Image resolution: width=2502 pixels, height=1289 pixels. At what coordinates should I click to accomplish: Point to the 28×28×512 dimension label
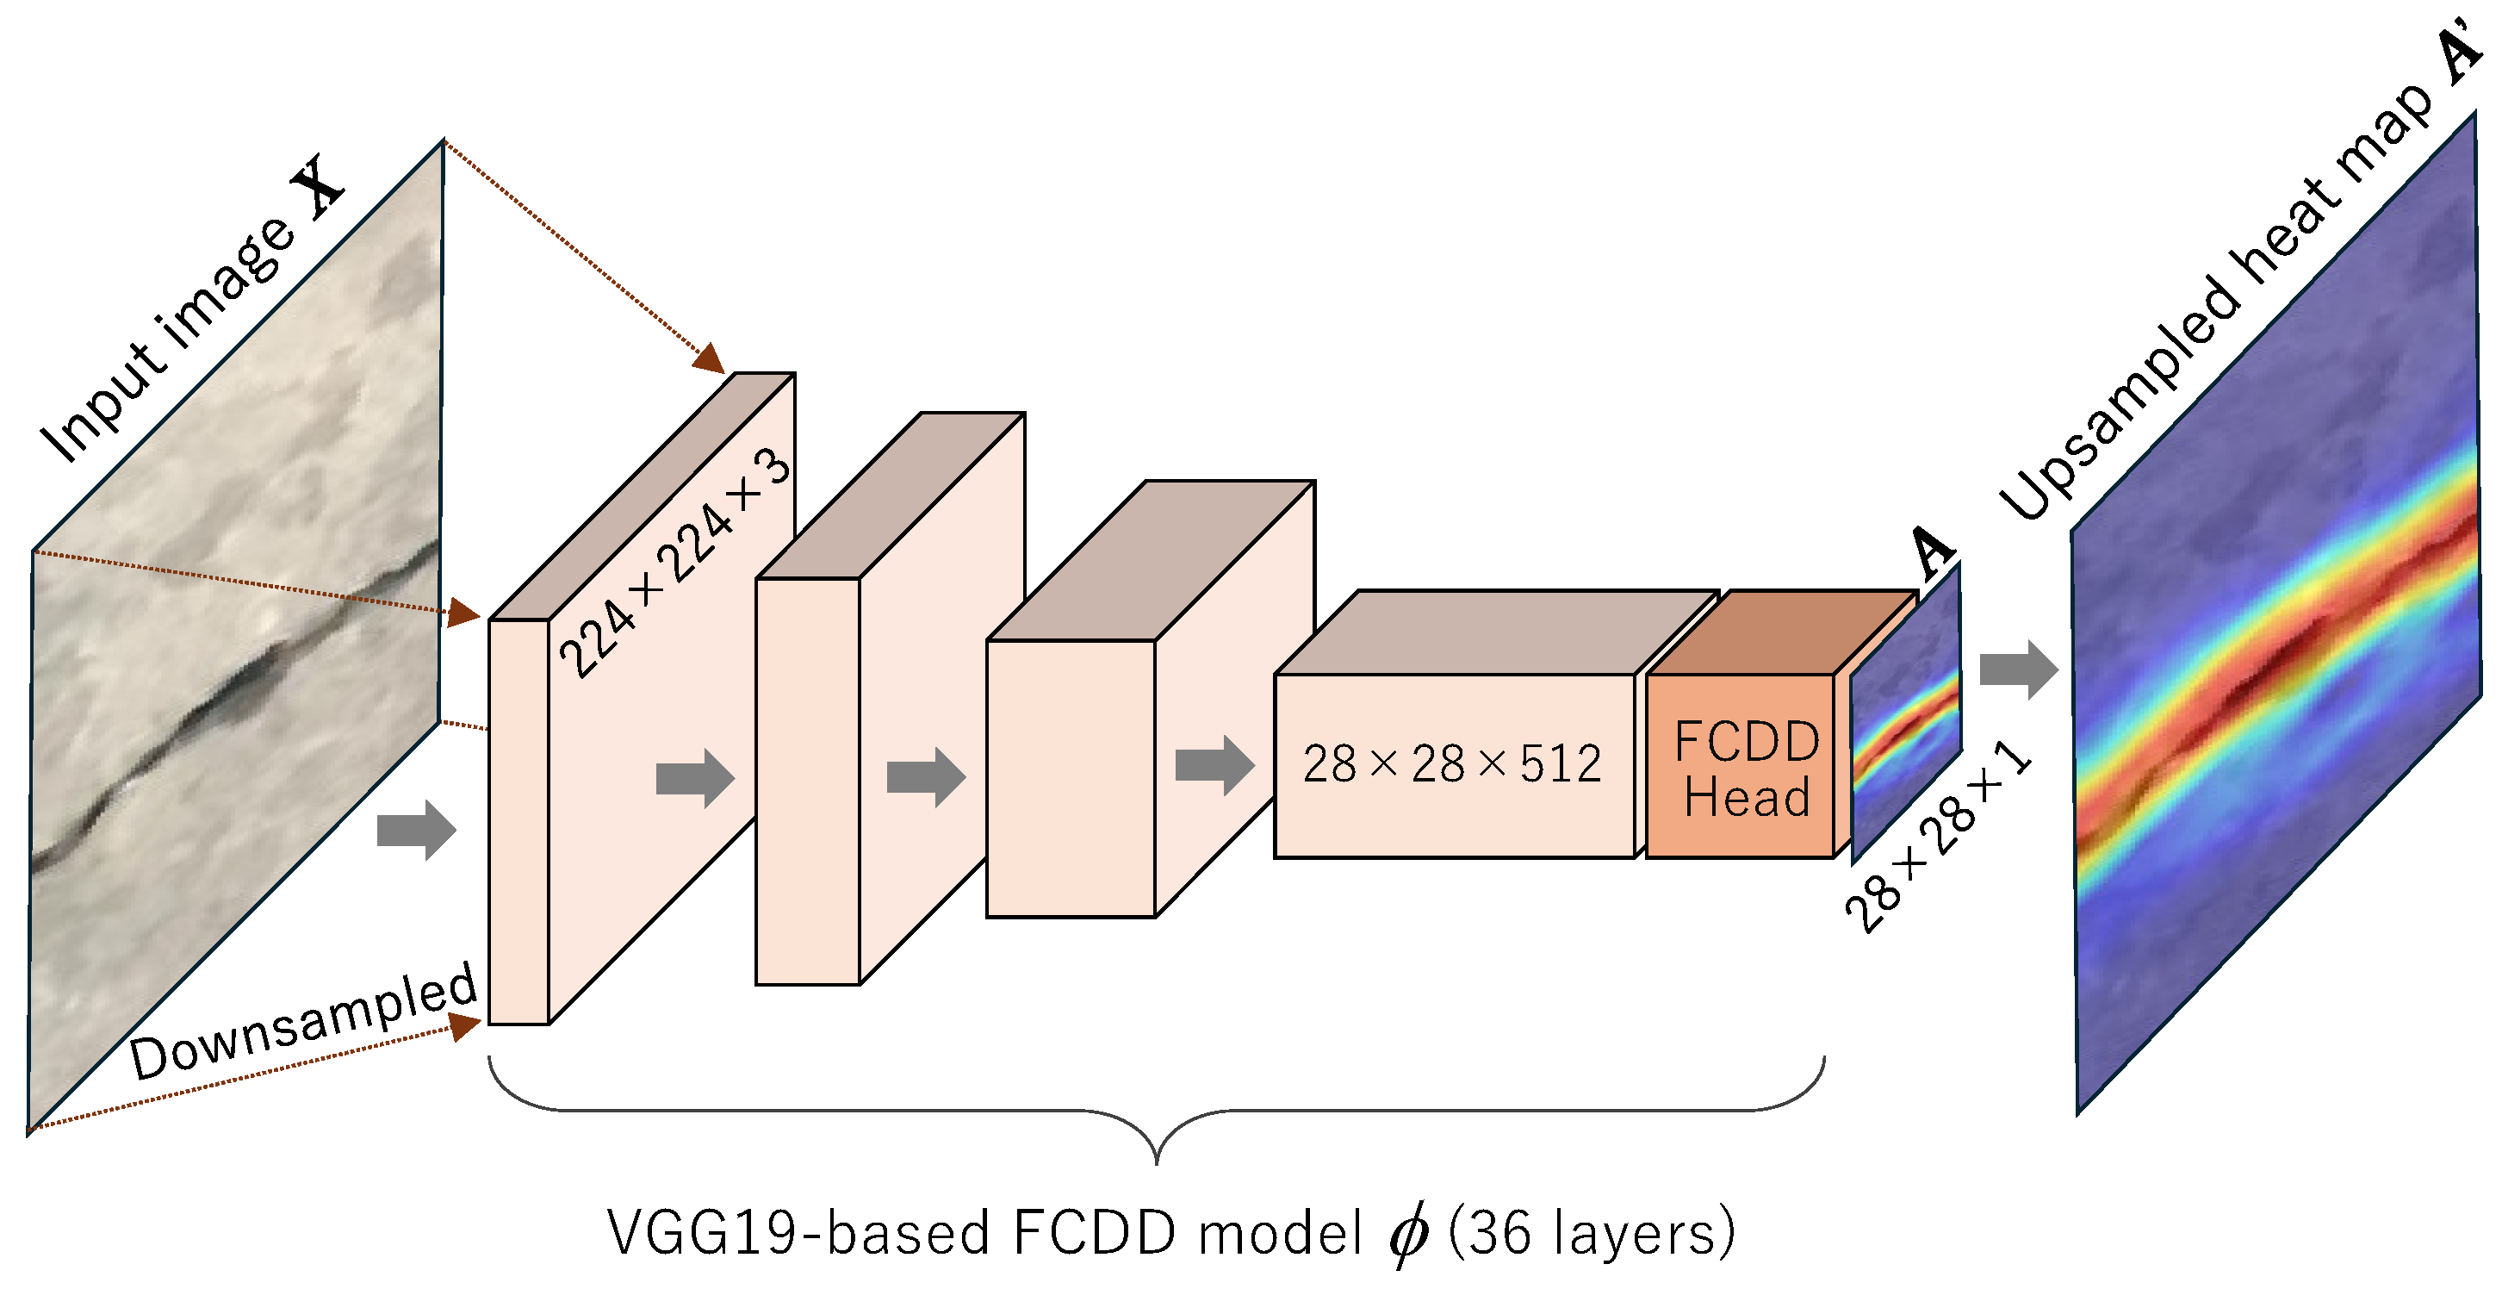[x=1451, y=763]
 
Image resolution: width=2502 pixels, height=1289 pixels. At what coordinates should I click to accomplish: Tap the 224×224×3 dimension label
[x=676, y=564]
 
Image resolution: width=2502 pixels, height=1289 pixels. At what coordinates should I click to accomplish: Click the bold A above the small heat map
[x=1932, y=551]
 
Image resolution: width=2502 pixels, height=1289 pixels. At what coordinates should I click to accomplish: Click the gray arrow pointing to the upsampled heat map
[x=2018, y=669]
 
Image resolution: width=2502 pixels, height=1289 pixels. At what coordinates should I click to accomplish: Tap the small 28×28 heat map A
[x=1906, y=714]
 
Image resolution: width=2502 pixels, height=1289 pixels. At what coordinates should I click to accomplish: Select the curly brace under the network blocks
[x=1156, y=1112]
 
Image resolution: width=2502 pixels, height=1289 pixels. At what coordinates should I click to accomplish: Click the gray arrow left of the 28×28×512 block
[x=1214, y=765]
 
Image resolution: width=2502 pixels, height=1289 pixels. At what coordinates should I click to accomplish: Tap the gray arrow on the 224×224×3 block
[x=694, y=778]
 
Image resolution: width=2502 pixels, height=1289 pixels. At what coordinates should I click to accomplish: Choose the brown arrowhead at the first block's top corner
[x=710, y=358]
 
